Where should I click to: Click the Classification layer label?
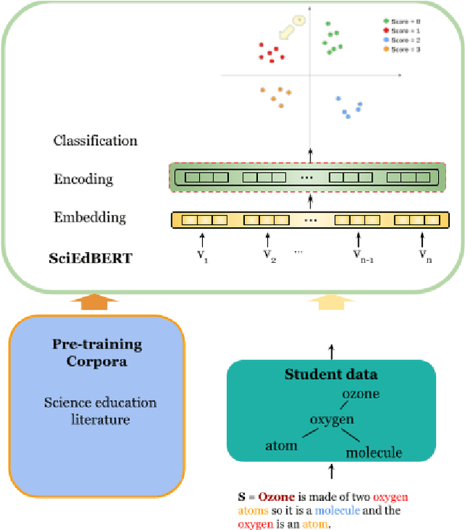click(x=95, y=140)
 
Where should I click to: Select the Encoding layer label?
click(x=83, y=179)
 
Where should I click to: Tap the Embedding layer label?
click(x=89, y=217)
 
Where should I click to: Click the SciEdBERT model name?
click(x=92, y=257)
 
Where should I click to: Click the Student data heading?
click(x=331, y=375)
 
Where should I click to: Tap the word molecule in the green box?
click(x=373, y=453)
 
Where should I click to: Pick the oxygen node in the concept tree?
click(x=331, y=420)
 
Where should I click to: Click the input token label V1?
click(x=201, y=254)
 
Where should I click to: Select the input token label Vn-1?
click(x=357, y=254)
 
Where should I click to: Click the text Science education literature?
click(x=100, y=410)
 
